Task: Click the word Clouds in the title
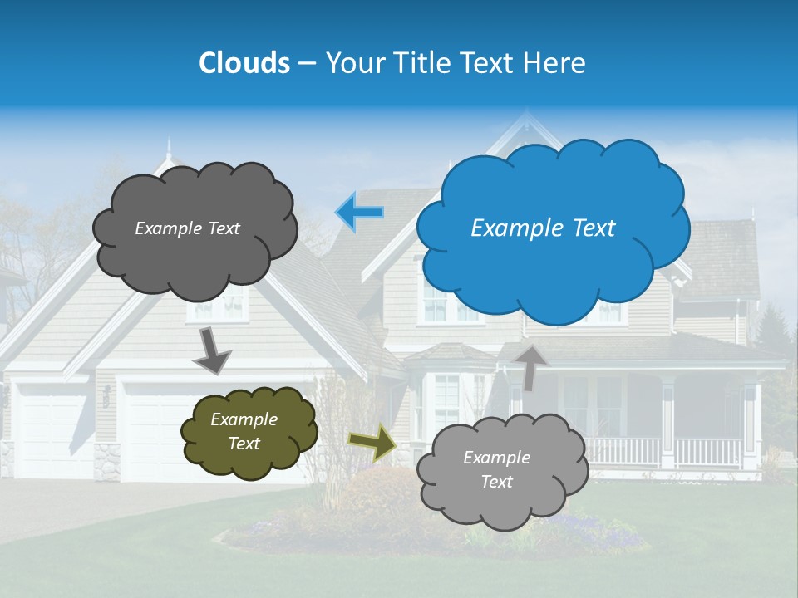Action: click(244, 63)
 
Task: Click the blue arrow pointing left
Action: click(359, 213)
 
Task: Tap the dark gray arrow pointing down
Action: click(212, 351)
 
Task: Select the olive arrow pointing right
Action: click(372, 442)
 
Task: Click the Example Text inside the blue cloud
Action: click(543, 228)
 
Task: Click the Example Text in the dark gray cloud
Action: click(187, 228)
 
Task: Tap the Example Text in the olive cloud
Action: click(244, 432)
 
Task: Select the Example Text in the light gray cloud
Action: click(496, 469)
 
